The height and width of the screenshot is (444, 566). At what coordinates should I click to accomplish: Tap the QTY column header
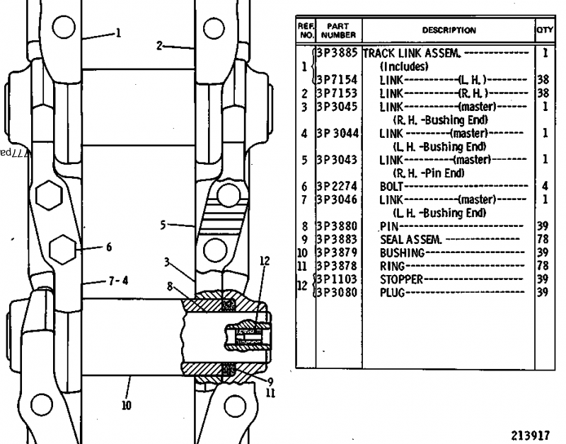pyautogui.click(x=543, y=30)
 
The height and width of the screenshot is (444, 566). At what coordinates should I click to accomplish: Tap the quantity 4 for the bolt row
pyautogui.click(x=544, y=186)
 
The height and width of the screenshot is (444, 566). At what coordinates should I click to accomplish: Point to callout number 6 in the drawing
pyautogui.click(x=108, y=247)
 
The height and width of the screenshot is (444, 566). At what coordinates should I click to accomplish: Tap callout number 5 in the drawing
pyautogui.click(x=163, y=226)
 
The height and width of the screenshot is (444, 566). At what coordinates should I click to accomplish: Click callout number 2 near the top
pyautogui.click(x=160, y=45)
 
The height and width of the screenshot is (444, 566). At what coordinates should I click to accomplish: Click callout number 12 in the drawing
pyautogui.click(x=265, y=259)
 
